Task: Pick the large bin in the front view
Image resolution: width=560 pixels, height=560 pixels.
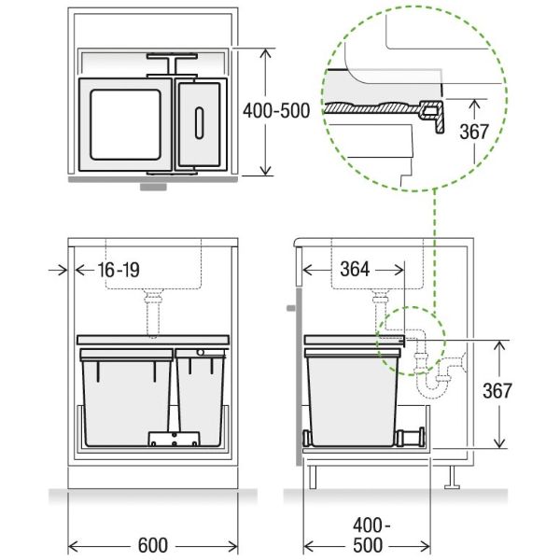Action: [126, 397]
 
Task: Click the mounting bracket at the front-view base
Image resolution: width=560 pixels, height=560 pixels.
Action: [175, 439]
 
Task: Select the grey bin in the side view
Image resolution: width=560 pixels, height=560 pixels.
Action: [353, 397]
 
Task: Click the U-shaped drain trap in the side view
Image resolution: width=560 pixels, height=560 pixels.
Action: [432, 378]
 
